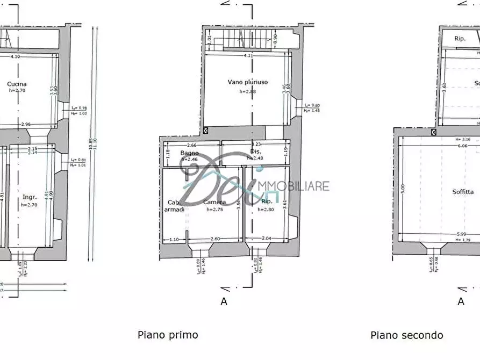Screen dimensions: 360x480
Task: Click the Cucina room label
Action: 17,84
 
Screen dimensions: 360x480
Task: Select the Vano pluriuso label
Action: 248,82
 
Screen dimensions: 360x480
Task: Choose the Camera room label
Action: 214,202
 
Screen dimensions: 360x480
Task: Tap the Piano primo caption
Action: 168,335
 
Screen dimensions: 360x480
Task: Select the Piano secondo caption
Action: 407,335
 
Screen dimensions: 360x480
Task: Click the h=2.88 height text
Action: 248,91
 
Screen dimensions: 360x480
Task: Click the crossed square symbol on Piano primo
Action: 205,131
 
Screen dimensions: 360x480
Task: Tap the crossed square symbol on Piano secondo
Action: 433,132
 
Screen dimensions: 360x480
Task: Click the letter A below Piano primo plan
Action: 224,301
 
